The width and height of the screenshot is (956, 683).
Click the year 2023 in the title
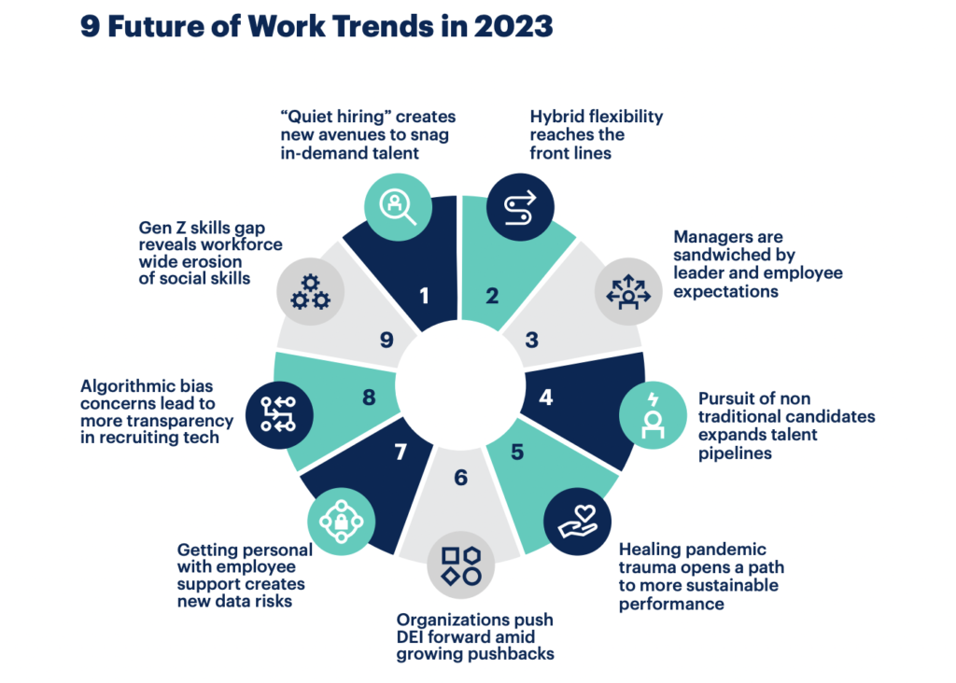[513, 26]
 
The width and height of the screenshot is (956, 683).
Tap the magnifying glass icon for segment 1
[398, 207]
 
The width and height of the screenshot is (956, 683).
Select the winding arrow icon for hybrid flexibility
[520, 207]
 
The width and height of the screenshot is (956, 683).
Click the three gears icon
[310, 291]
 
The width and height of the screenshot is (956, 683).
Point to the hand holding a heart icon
[577, 522]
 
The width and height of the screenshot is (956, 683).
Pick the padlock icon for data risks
[342, 522]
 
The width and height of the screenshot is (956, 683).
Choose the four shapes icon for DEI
[461, 565]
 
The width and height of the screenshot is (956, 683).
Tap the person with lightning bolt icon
[653, 415]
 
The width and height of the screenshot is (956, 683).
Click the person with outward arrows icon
[628, 291]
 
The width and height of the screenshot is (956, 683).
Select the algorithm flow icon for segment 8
[279, 415]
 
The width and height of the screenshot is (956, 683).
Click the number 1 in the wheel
[425, 296]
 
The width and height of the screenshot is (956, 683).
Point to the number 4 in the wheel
[545, 397]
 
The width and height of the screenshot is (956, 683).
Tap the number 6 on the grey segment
[461, 478]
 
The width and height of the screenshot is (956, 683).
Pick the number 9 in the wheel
[387, 340]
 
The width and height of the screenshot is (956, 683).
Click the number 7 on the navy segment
[401, 453]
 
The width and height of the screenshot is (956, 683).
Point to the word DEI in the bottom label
[411, 636]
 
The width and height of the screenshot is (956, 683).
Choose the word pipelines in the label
[736, 453]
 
